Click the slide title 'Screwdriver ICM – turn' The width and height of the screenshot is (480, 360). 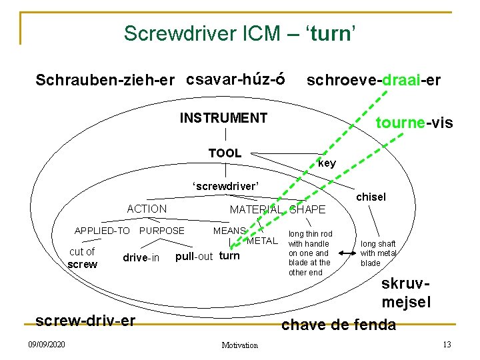click(x=239, y=33)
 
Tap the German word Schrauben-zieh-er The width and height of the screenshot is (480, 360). click(x=105, y=80)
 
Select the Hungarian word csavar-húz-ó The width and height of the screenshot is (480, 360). click(x=236, y=79)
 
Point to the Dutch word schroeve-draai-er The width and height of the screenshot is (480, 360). click(x=373, y=80)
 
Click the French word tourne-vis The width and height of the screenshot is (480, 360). click(x=414, y=123)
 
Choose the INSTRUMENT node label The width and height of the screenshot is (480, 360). click(x=223, y=119)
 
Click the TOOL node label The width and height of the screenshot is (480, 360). click(x=225, y=153)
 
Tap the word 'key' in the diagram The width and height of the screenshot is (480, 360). click(x=327, y=163)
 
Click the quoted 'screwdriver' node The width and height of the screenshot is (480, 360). click(x=225, y=185)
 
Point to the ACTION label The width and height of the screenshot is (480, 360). click(x=147, y=209)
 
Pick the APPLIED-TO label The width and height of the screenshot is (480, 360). click(x=102, y=231)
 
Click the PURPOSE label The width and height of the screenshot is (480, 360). click(x=161, y=231)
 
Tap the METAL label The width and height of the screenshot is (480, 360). click(x=261, y=240)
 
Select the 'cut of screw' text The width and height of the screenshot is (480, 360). click(x=83, y=257)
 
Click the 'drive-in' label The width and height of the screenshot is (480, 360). click(x=141, y=257)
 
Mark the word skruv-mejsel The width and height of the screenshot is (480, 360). click(x=406, y=293)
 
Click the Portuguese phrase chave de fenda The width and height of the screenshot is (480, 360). click(x=339, y=325)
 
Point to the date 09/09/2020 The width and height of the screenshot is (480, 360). click(x=47, y=345)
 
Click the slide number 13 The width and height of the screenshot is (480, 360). click(x=447, y=345)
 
